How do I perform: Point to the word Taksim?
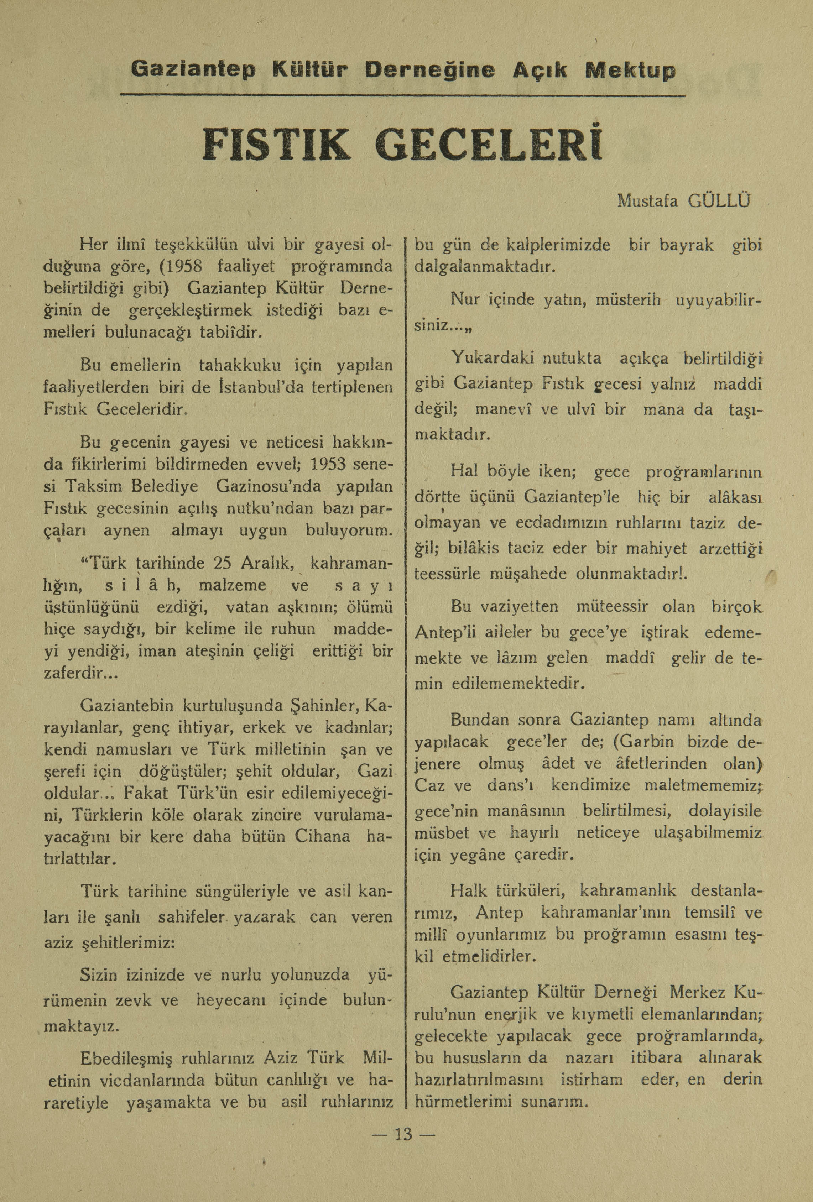coord(95,486)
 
